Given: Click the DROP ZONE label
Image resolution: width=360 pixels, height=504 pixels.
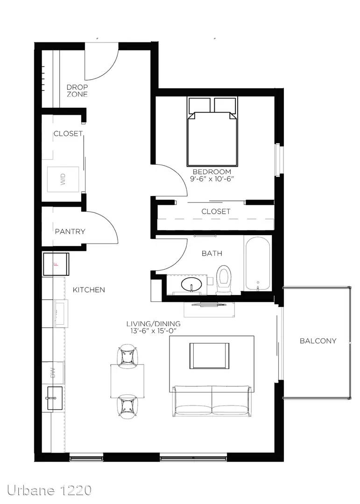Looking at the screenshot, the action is click(x=77, y=91).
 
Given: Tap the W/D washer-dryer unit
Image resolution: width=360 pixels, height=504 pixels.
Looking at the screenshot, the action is click(x=63, y=179).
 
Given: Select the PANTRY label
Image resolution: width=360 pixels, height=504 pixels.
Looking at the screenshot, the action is click(x=70, y=231).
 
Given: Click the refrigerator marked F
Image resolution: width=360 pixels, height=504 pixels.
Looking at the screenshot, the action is click(x=56, y=264).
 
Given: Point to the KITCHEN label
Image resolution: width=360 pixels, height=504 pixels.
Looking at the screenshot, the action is click(x=89, y=290).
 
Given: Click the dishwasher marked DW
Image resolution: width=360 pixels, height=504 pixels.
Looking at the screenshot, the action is click(x=54, y=373).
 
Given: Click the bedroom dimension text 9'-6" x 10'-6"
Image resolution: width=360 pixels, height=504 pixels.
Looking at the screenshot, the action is click(x=211, y=179).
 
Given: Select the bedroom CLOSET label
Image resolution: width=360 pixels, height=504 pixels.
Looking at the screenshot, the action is click(x=216, y=211).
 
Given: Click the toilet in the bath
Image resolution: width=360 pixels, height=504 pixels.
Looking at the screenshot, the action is click(x=224, y=280).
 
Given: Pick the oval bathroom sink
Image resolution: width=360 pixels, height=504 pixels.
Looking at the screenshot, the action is click(x=191, y=285).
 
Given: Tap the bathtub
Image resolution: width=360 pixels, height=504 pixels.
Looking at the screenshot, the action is click(x=257, y=264).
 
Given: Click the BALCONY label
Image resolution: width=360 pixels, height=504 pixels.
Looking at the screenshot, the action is click(x=318, y=341).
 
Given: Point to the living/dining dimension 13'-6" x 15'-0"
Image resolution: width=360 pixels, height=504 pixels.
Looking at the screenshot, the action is click(x=153, y=331).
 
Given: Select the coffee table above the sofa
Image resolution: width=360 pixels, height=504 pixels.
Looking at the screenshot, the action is click(x=210, y=356).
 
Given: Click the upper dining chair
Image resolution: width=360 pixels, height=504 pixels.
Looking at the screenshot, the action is click(x=128, y=356).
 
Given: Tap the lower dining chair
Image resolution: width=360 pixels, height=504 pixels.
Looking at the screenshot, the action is click(x=128, y=406).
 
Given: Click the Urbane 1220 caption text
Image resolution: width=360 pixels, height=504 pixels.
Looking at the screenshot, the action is click(x=49, y=490).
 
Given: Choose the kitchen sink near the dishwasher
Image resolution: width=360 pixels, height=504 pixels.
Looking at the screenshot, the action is click(x=55, y=398).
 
